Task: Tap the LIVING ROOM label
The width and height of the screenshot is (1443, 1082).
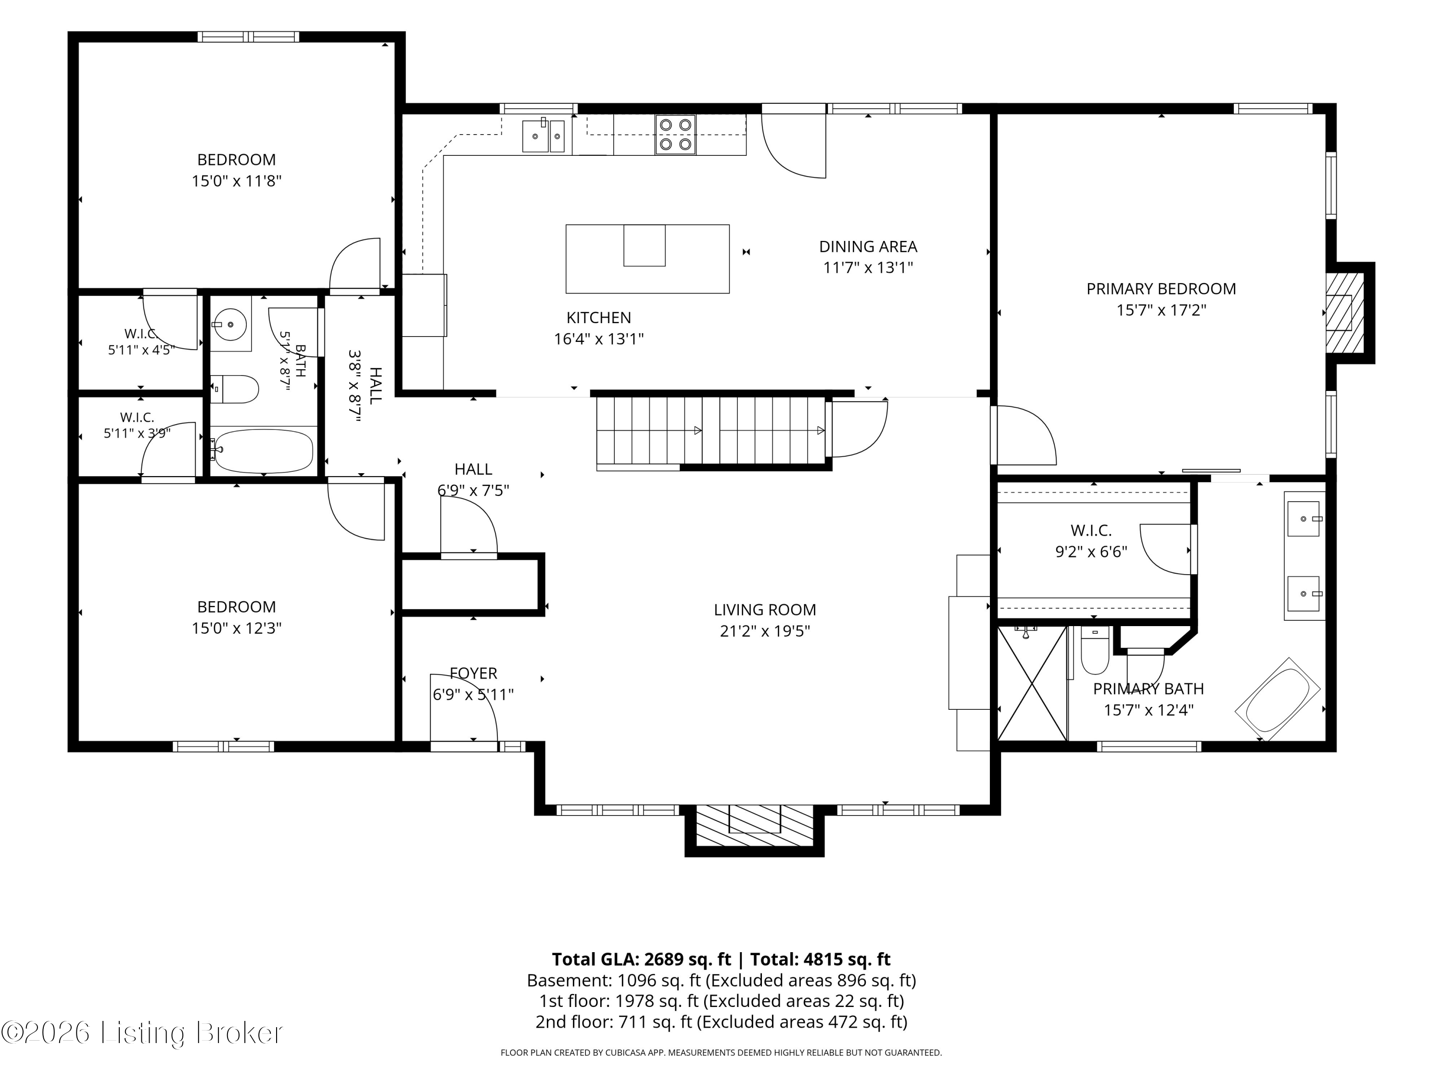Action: point(765,609)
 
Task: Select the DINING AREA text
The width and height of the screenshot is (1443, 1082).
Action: point(868,247)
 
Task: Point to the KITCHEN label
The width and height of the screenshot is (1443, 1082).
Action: point(598,317)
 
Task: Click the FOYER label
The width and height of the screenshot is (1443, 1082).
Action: point(474,673)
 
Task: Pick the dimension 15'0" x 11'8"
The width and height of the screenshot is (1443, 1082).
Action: point(236,181)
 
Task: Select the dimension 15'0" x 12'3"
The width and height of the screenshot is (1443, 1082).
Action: point(236,628)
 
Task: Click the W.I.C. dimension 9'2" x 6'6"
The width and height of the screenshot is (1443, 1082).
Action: point(1091,552)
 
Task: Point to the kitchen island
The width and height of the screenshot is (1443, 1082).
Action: point(647,259)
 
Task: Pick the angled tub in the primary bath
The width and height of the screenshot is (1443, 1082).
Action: point(1278,699)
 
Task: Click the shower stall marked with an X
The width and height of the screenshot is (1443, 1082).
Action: point(1032,683)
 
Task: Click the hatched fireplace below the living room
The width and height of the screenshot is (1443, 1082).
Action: point(755,826)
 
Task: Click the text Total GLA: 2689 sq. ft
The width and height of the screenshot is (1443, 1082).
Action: point(641,959)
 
